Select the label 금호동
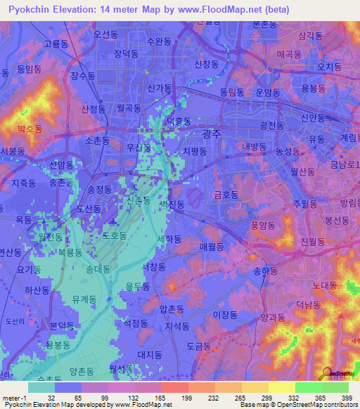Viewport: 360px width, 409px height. [227, 194]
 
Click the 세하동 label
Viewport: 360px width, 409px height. [169, 240]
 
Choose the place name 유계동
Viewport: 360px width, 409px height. [84, 299]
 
